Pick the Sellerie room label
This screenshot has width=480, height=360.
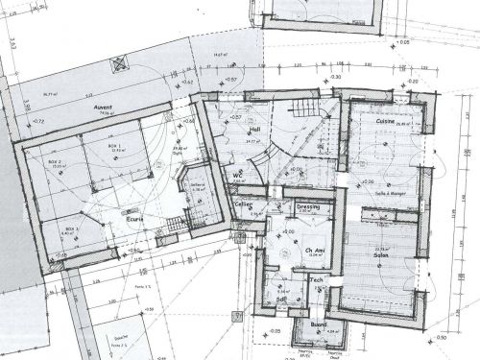197,186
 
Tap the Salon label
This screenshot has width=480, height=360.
380,254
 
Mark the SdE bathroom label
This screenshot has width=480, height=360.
283,299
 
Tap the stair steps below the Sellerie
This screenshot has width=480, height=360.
173,228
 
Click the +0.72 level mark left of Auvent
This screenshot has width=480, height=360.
38,123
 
